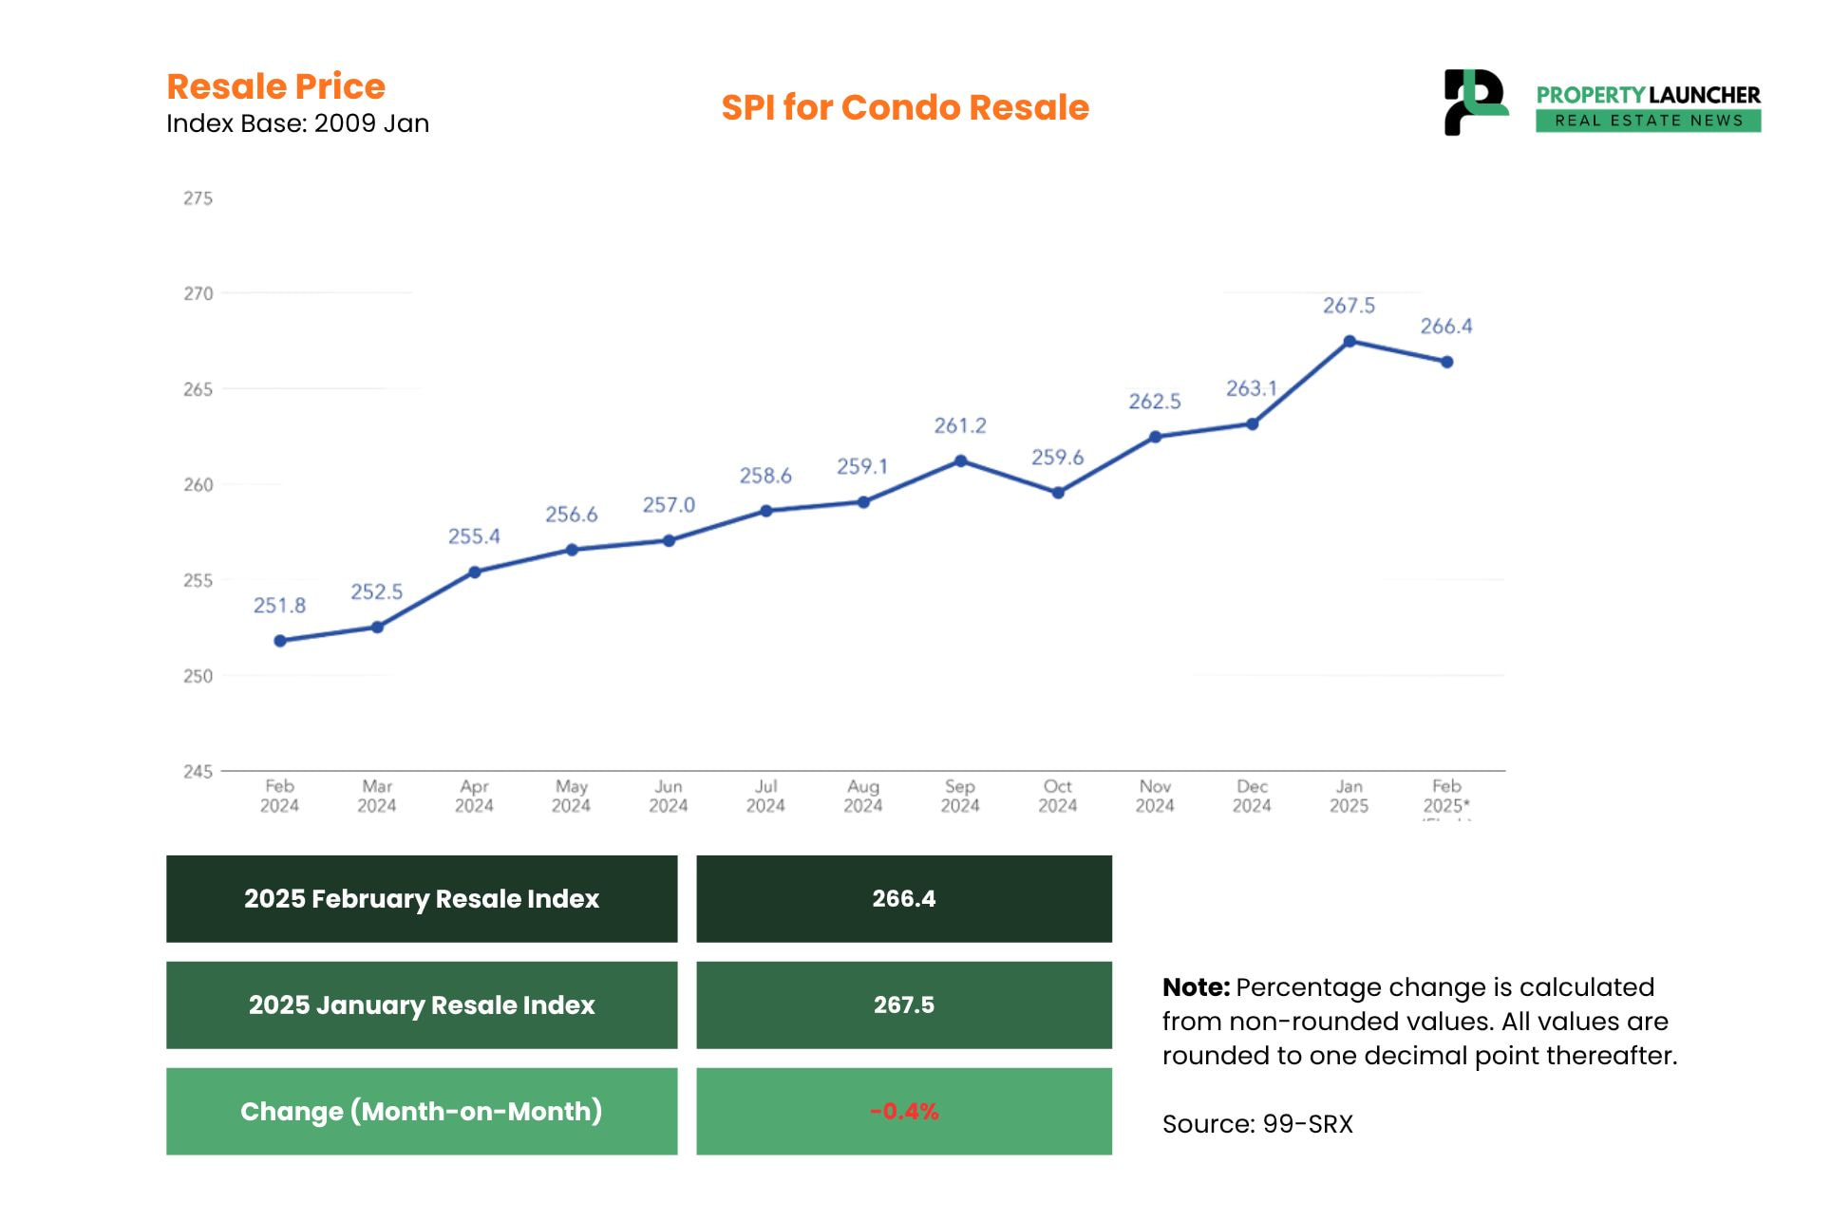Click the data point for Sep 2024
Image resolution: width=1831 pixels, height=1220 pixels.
tap(960, 461)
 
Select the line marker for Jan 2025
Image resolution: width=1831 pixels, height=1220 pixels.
tap(1349, 342)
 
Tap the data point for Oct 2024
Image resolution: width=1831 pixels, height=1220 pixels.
tap(1058, 493)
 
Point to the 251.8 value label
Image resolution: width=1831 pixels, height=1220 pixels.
tap(279, 606)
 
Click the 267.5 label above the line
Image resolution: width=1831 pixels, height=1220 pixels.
tap(1349, 306)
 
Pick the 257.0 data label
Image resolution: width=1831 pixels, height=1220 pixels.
tap(669, 505)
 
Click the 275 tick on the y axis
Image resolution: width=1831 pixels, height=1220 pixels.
tap(198, 198)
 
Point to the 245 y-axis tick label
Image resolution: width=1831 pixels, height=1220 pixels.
tap(198, 772)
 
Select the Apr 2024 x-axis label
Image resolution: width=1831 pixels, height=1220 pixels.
tap(474, 796)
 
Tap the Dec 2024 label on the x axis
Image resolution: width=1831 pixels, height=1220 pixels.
tap(1252, 796)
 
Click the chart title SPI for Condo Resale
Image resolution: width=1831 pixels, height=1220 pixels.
tap(904, 107)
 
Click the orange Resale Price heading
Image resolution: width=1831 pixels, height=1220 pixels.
tap(275, 86)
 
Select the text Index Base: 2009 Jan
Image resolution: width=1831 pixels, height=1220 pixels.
tap(297, 123)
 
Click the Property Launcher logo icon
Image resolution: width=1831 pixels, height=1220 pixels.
tap(1474, 102)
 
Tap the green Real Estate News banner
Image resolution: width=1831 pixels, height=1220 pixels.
tap(1648, 121)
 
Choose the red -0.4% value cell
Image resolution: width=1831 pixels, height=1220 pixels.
tap(904, 1111)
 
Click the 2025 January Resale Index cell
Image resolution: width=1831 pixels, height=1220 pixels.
tap(422, 1005)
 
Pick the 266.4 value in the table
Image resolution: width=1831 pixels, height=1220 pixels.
tap(904, 899)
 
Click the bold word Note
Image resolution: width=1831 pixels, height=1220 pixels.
tap(1195, 987)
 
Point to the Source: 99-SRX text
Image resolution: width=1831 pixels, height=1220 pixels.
tap(1257, 1124)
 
